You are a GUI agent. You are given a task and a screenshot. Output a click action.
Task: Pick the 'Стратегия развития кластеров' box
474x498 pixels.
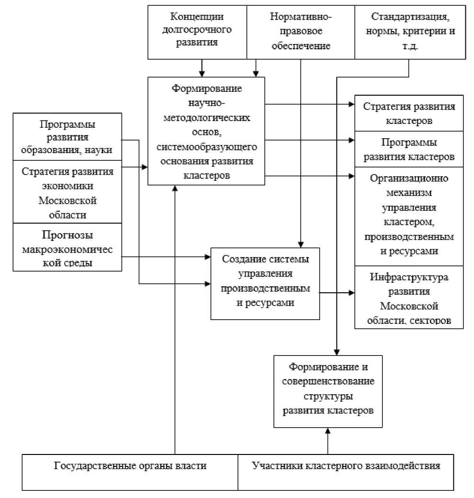409,113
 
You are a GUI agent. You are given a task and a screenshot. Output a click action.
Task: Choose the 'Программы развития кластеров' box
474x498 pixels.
409,149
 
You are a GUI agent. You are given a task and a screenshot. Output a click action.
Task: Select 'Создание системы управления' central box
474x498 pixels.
265,283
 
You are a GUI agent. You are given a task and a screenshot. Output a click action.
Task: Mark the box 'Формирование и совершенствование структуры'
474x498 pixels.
328,391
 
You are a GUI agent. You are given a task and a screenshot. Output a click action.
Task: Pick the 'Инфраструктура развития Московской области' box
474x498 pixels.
409,297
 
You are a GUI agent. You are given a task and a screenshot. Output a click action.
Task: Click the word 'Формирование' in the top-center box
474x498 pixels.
206,89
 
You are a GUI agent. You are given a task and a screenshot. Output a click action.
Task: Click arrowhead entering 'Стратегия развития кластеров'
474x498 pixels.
351,104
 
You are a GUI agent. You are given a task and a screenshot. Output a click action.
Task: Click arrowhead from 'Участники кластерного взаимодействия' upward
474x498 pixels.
328,431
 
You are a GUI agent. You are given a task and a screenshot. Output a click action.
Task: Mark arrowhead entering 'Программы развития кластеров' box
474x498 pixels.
351,140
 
